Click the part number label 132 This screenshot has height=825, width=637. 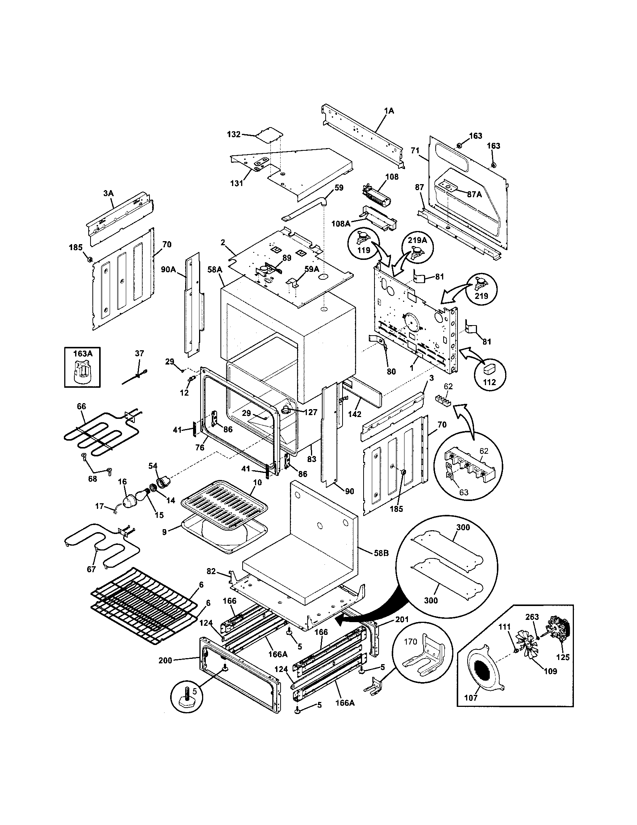234,134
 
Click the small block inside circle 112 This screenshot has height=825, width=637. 489,367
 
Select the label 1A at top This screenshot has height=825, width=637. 389,111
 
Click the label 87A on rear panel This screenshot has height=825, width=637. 474,194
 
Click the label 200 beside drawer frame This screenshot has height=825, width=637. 165,661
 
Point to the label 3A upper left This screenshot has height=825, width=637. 109,193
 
